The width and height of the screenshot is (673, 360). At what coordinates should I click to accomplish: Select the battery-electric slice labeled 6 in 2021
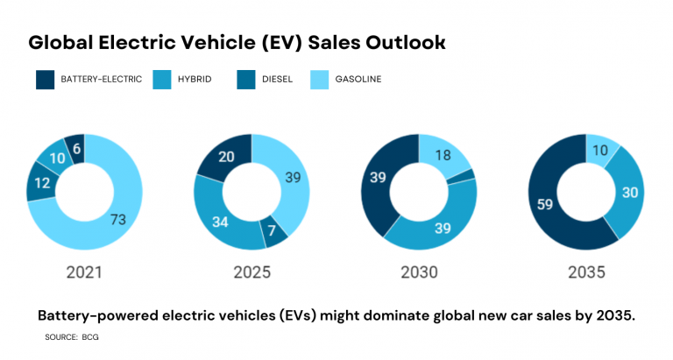click(x=76, y=150)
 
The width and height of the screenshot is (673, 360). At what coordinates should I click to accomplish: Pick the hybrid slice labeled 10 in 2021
click(x=56, y=159)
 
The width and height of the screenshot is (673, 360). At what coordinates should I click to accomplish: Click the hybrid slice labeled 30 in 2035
click(x=627, y=194)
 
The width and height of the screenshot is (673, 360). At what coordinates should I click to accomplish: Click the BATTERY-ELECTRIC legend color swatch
click(x=44, y=81)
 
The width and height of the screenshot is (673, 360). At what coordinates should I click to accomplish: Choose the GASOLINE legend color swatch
click(x=322, y=81)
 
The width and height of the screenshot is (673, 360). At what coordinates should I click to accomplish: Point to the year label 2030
click(x=419, y=272)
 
